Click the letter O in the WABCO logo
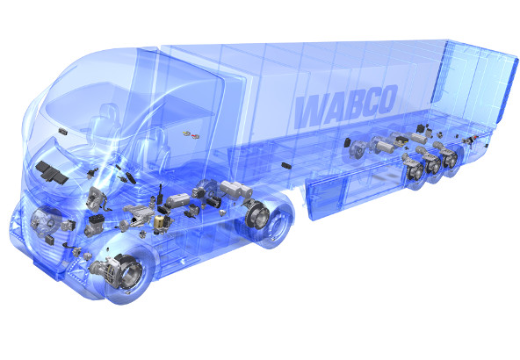pyautogui.click(x=386, y=99)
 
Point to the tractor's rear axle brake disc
pyautogui.click(x=257, y=215)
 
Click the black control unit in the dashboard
pyautogui.click(x=52, y=172)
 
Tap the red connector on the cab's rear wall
pyautogui.click(x=196, y=136)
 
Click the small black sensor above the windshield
pyautogui.click(x=62, y=132)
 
